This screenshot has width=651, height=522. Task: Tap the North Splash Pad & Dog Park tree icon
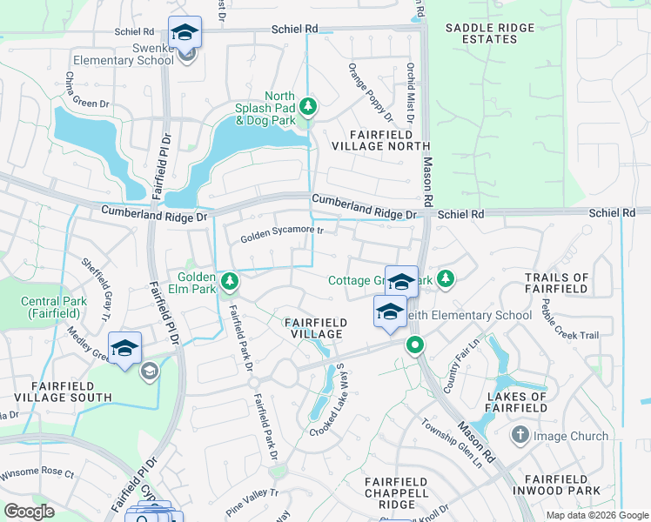[307, 107]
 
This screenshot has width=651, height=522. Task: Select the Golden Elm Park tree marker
[230, 281]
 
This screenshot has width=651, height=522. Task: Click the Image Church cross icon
[520, 434]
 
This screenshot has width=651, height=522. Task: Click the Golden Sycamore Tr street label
[282, 233]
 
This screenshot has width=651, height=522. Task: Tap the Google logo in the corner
[30, 511]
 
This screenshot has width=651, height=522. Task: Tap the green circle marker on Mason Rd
[415, 345]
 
